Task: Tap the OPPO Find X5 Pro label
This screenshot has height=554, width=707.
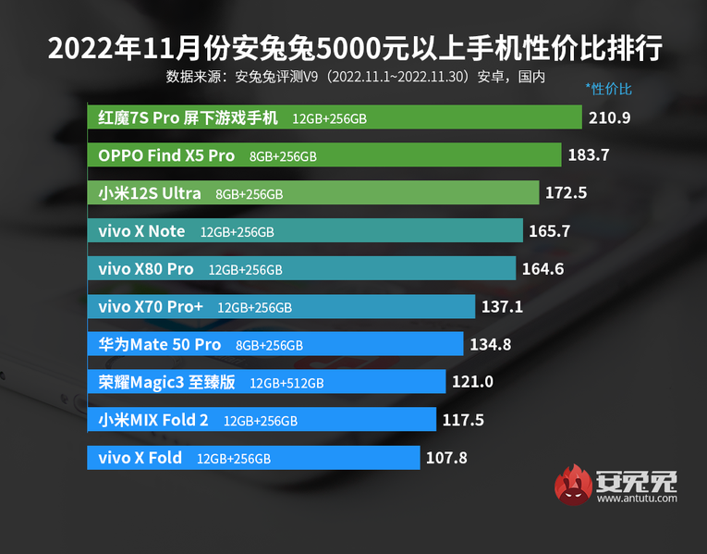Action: pyautogui.click(x=166, y=155)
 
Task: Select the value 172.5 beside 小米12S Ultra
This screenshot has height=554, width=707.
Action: pyautogui.click(x=567, y=193)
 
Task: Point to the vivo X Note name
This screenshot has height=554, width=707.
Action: pyautogui.click(x=141, y=231)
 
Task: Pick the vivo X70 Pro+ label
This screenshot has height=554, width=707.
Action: pyautogui.click(x=151, y=306)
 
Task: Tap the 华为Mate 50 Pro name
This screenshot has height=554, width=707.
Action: pyautogui.click(x=159, y=344)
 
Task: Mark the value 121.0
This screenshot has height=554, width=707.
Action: pyautogui.click(x=472, y=382)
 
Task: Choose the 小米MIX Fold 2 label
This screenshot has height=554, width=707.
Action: pyautogui.click(x=153, y=420)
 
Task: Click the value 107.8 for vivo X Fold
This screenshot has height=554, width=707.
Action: pyautogui.click(x=446, y=458)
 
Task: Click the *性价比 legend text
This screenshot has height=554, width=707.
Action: pyautogui.click(x=608, y=90)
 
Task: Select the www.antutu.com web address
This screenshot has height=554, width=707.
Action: pyautogui.click(x=637, y=499)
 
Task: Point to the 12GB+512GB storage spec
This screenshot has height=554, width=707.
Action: pyautogui.click(x=286, y=383)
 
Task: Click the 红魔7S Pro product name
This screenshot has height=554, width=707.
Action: pyautogui.click(x=188, y=117)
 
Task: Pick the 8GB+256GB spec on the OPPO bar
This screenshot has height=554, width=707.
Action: pyautogui.click(x=283, y=156)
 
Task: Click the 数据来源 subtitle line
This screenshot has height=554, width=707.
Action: pyautogui.click(x=356, y=76)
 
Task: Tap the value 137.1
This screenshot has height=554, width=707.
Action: pyautogui.click(x=501, y=306)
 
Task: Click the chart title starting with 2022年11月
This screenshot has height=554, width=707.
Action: pyautogui.click(x=354, y=48)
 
